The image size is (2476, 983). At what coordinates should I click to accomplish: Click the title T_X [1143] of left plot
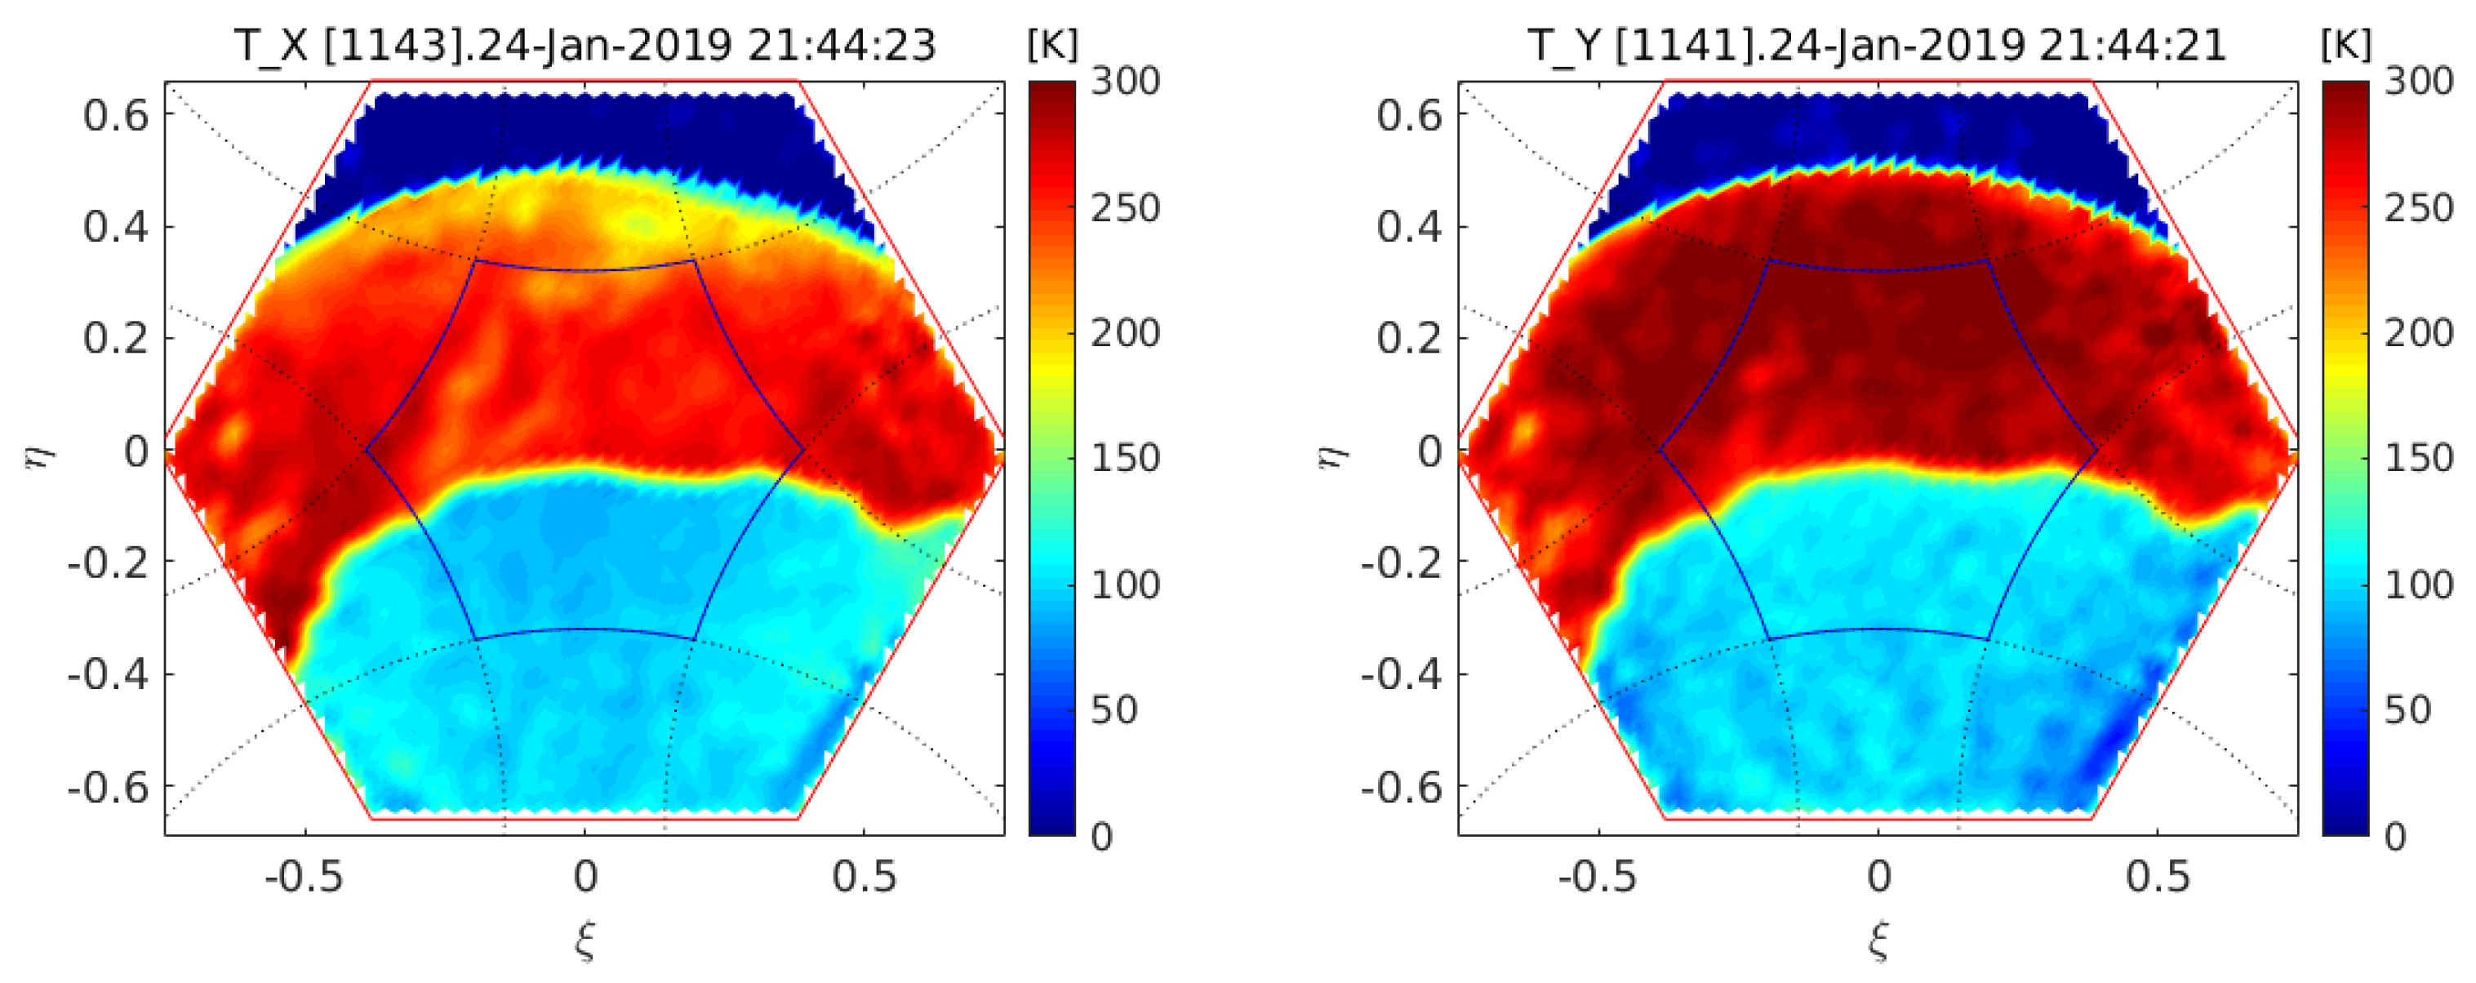(x=585, y=44)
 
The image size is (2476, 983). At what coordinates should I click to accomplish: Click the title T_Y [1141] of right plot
(x=1876, y=44)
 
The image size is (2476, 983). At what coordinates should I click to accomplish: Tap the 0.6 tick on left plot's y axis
(x=116, y=115)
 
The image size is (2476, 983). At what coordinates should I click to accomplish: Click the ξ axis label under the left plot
(x=585, y=940)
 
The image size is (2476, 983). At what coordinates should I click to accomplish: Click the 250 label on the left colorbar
(x=1125, y=207)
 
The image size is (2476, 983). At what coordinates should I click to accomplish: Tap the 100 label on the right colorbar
(x=2418, y=585)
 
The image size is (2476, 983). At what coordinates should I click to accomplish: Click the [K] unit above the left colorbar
(x=1052, y=44)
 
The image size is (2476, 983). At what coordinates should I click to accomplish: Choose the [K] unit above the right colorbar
(x=2346, y=44)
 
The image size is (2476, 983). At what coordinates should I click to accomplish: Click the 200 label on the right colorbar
(x=2418, y=333)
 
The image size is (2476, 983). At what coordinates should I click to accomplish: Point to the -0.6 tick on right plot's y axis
(x=1402, y=788)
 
